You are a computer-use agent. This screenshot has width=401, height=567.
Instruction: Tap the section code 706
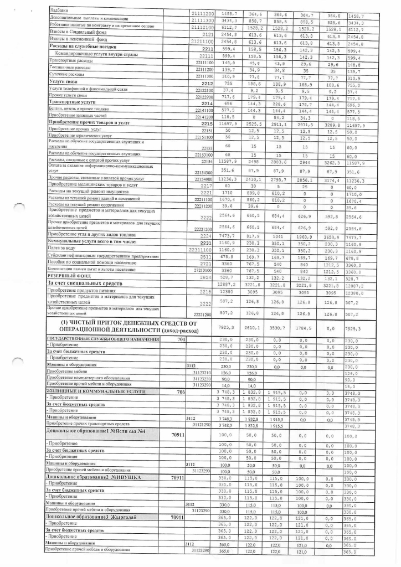click(181, 391)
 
